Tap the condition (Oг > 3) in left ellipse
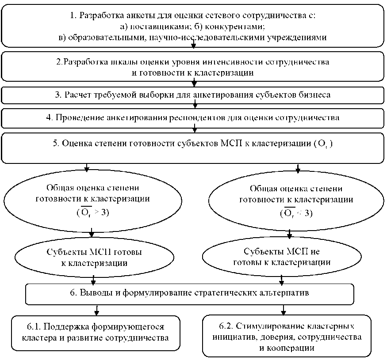pos(92,213)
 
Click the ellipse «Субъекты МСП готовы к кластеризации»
pos(94,258)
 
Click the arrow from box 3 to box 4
pos(194,105)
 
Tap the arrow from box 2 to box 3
pos(194,83)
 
